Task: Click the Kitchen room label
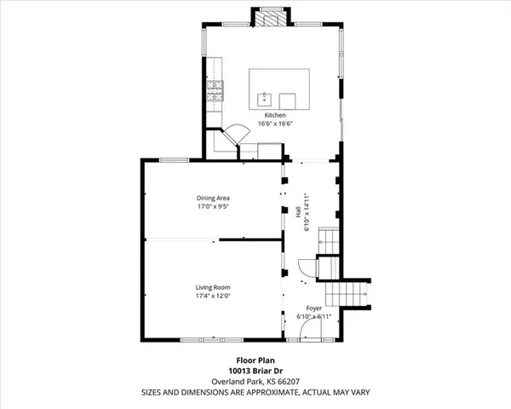[274, 114]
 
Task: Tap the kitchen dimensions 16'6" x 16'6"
[274, 123]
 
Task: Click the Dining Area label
[213, 198]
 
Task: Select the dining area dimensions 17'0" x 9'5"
[213, 206]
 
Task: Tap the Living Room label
[213, 287]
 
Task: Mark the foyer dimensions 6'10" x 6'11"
[313, 316]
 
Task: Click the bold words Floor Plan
[255, 360]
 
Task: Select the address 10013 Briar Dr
[255, 371]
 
